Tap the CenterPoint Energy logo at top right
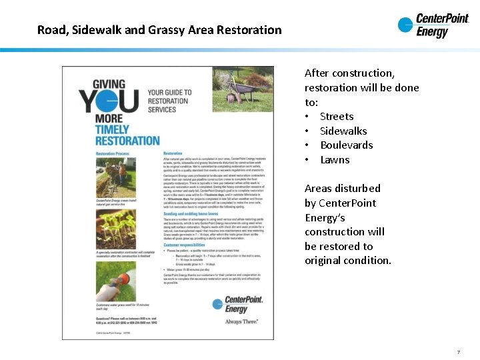pyautogui.click(x=433, y=26)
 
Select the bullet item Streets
pyautogui.click(x=337, y=117)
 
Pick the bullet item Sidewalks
pyautogui.click(x=343, y=131)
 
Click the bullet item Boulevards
pyautogui.click(x=346, y=145)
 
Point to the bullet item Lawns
pyautogui.click(x=335, y=160)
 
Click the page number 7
pyautogui.click(x=459, y=352)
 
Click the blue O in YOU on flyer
pyautogui.click(x=124, y=101)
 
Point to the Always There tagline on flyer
pyautogui.click(x=242, y=321)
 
